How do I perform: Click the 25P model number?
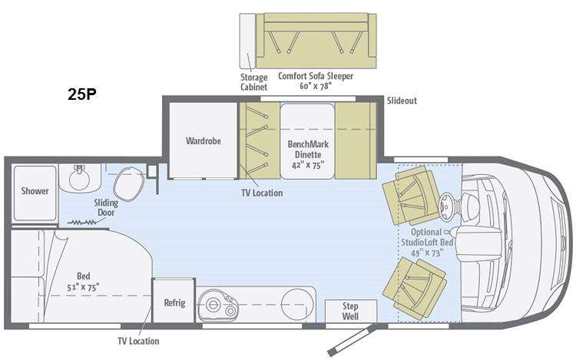coord(82,94)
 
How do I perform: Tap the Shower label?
coord(35,191)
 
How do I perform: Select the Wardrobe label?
coord(204,141)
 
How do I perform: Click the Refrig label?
coord(174,302)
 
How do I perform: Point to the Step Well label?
coord(350,311)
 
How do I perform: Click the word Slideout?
coord(402,101)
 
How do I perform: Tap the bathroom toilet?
coord(128,183)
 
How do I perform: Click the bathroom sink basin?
coord(80,178)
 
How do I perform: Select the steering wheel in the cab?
coord(449,203)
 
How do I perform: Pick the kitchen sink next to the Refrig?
coord(218,306)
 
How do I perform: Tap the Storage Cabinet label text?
coord(254,82)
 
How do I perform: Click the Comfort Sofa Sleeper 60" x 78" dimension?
coord(316,86)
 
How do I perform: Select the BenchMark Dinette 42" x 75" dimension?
coord(308,165)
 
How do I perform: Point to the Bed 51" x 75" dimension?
coord(83,287)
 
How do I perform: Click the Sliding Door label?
coord(106,207)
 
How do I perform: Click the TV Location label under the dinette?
coord(262,193)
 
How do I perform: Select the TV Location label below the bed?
coord(138,341)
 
